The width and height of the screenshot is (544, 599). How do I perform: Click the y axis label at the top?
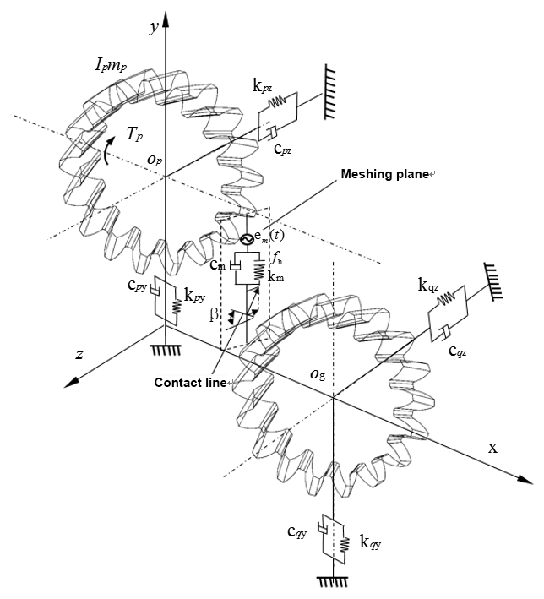155,27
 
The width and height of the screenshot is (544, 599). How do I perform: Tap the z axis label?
79,355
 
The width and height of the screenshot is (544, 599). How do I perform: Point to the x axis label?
492,446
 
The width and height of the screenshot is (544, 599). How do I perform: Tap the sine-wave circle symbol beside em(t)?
248,239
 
